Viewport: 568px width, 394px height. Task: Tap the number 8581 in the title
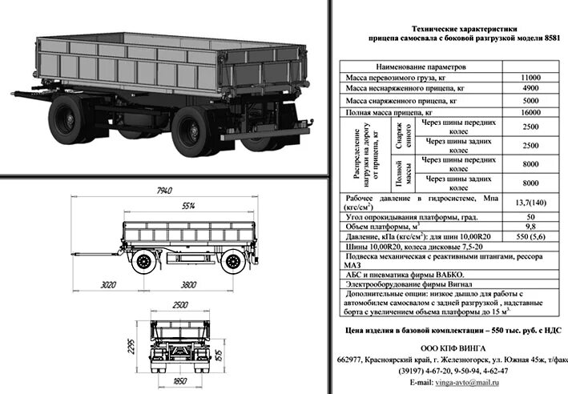point(544,38)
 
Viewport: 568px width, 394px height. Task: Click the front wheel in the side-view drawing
point(145,261)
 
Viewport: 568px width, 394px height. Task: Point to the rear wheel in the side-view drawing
point(232,261)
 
